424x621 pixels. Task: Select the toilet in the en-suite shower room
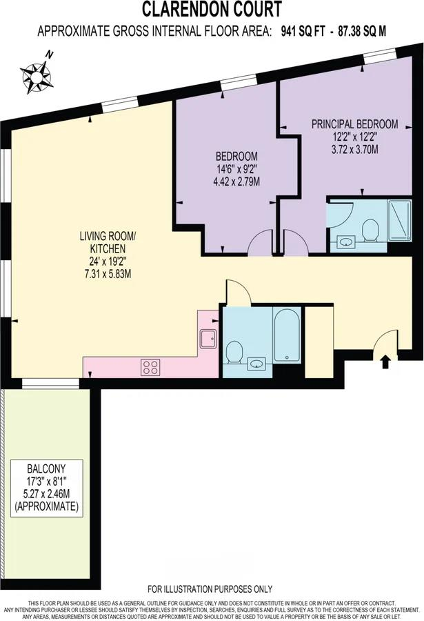(371, 230)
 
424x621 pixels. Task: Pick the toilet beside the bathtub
(234, 352)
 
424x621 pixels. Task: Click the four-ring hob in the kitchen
(150, 367)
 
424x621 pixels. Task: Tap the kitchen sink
(208, 339)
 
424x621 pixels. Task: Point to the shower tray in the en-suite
(399, 221)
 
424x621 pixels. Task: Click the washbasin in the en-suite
(346, 241)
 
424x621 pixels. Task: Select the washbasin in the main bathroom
(256, 363)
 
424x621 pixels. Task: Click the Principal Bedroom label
(355, 124)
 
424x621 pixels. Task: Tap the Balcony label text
(46, 469)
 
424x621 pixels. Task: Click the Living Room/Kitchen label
(108, 242)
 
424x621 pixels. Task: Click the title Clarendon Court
(212, 10)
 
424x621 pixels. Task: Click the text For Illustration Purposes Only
(210, 589)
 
